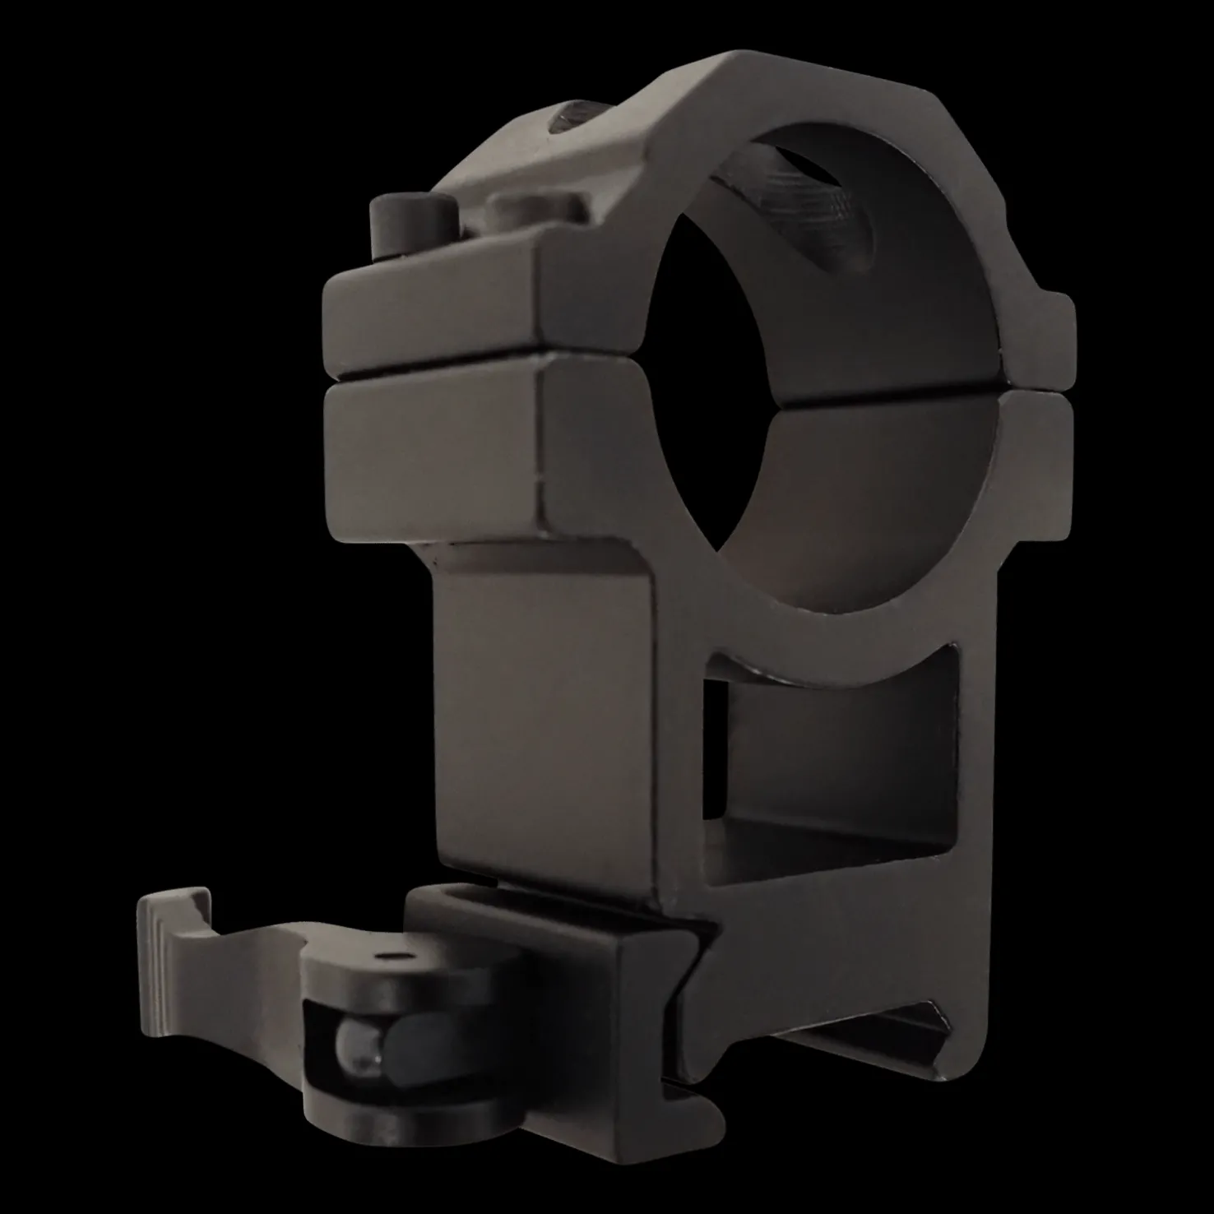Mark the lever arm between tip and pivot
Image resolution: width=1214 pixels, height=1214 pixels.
click(247, 954)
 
